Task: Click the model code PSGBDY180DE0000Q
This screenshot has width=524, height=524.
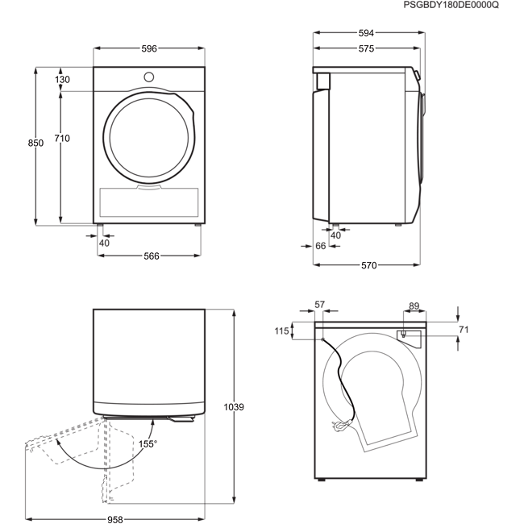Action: (451, 5)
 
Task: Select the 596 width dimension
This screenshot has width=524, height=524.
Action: (149, 49)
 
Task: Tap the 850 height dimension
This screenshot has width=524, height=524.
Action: (35, 143)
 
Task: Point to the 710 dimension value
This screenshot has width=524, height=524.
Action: (62, 139)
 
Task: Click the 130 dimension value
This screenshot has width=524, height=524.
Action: (62, 80)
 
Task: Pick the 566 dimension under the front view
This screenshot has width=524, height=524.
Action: (152, 256)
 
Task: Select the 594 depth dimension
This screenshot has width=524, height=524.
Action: (366, 33)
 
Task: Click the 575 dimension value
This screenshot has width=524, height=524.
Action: (366, 49)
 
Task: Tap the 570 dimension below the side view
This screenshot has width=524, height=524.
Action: (369, 265)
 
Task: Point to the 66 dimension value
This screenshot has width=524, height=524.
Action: (321, 246)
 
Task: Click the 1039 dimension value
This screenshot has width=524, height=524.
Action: (234, 407)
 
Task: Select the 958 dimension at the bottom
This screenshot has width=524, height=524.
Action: (115, 520)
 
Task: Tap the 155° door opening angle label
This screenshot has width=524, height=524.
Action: (148, 444)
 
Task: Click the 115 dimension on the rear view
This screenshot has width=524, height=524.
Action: (281, 331)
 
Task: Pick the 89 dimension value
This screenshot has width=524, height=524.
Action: (414, 306)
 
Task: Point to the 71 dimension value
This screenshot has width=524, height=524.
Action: (464, 330)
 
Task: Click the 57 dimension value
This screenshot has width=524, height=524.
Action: (320, 305)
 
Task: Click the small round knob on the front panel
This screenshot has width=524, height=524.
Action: (148, 77)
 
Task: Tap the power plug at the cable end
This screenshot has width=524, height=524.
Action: (341, 426)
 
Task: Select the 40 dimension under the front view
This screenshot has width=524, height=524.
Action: (104, 243)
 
